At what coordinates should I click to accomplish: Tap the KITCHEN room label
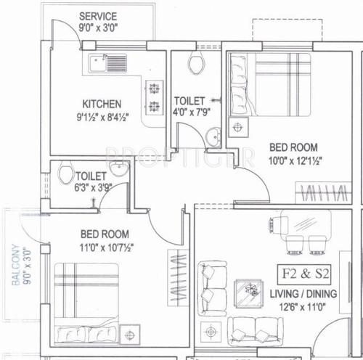pyautogui.click(x=101, y=104)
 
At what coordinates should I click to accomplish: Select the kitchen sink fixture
pyautogui.click(x=108, y=65)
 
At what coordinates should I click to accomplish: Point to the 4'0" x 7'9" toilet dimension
pyautogui.click(x=192, y=113)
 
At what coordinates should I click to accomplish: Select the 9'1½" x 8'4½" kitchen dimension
pyautogui.click(x=102, y=116)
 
